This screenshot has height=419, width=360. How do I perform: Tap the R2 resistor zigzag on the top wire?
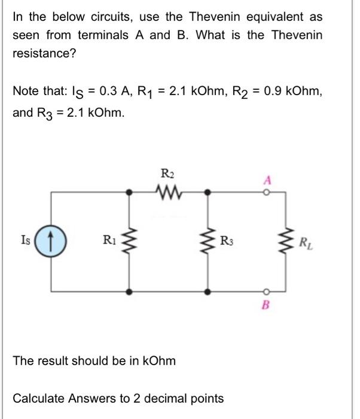pos(169,192)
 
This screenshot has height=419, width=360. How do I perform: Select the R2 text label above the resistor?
pos(168,174)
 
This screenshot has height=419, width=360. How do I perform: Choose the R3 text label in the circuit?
pos(227,242)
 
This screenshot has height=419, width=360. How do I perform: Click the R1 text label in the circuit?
pos(108,242)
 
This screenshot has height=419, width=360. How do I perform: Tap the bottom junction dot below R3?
pos(208,292)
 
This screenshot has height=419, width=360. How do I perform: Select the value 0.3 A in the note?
pos(112,91)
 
